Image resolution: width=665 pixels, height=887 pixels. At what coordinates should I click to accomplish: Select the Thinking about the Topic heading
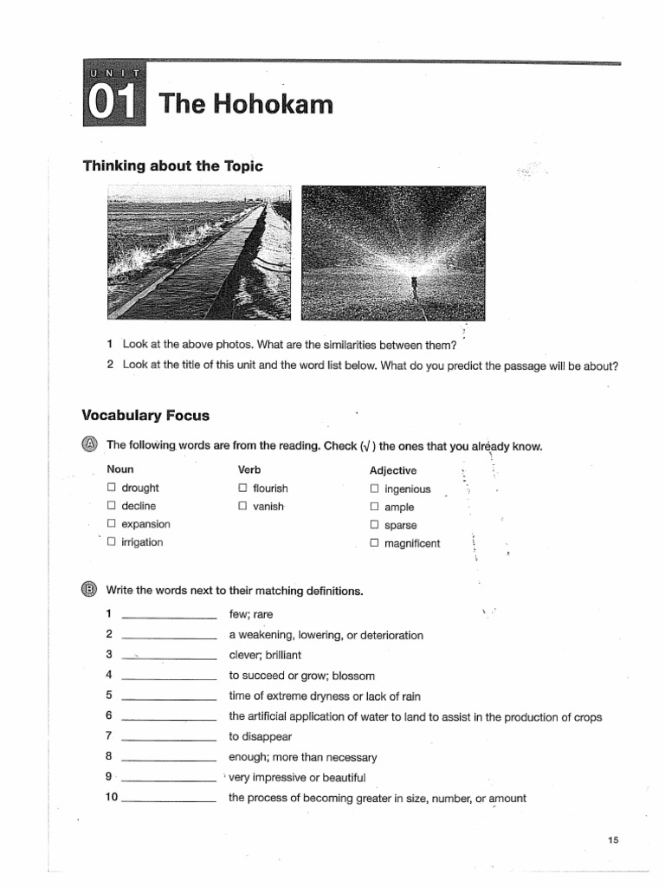click(172, 165)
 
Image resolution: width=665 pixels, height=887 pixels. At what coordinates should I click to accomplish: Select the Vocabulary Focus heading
click(145, 415)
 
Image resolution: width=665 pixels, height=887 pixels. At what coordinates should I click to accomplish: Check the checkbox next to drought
click(111, 489)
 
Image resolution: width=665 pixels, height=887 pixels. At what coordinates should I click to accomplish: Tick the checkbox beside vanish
click(242, 507)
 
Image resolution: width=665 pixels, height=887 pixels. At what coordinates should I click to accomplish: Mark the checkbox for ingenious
click(374, 489)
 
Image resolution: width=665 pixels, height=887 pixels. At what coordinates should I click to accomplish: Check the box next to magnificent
click(374, 544)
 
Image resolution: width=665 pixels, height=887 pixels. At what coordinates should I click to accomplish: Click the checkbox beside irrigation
click(111, 542)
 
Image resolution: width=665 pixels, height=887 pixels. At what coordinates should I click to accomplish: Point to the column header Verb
click(249, 469)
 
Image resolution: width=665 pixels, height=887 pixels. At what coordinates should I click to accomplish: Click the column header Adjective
click(392, 470)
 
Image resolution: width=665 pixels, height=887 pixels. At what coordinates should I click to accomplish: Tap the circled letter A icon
click(90, 445)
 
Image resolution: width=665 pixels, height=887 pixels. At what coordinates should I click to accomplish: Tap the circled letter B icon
click(90, 591)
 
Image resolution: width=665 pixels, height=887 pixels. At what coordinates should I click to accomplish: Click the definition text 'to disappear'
click(260, 737)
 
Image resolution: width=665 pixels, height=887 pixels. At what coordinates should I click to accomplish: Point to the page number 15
click(614, 839)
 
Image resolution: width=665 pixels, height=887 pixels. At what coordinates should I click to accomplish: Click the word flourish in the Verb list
click(270, 489)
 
